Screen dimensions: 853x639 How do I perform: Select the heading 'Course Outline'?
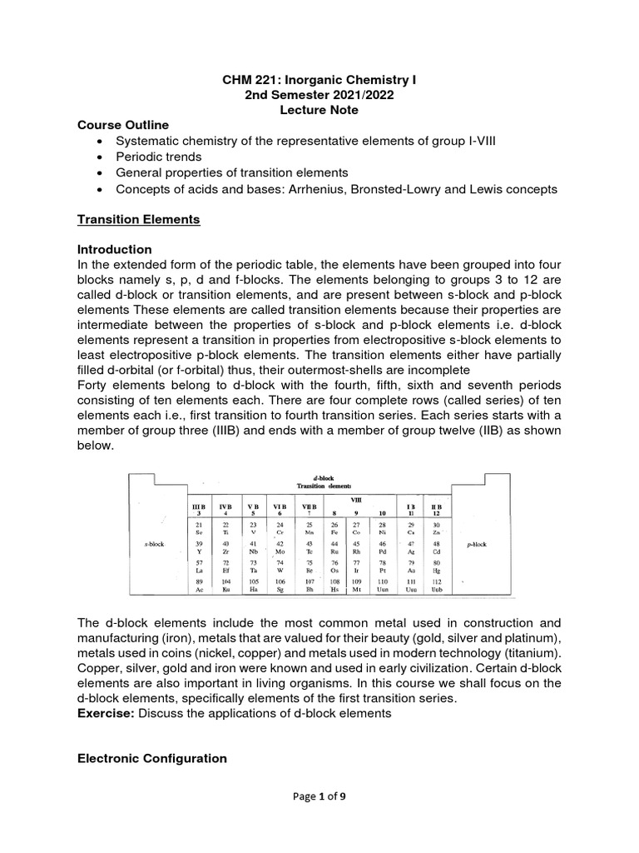122,125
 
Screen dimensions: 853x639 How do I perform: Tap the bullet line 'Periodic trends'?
158,157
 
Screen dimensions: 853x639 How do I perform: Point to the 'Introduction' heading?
114,250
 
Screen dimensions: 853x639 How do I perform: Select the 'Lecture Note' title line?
319,110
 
